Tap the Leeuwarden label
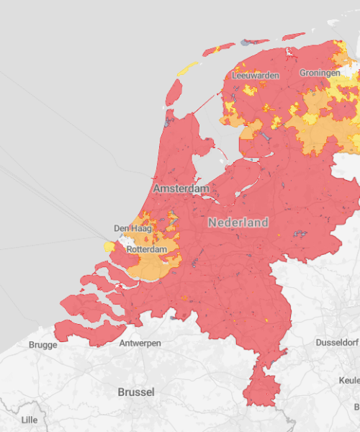point(256,73)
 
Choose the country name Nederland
point(238,222)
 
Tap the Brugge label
point(42,345)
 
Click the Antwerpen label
point(140,343)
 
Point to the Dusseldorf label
point(336,343)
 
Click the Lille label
point(29,419)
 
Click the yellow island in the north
point(188,68)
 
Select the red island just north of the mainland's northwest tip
point(174,92)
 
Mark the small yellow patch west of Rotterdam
point(109,246)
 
